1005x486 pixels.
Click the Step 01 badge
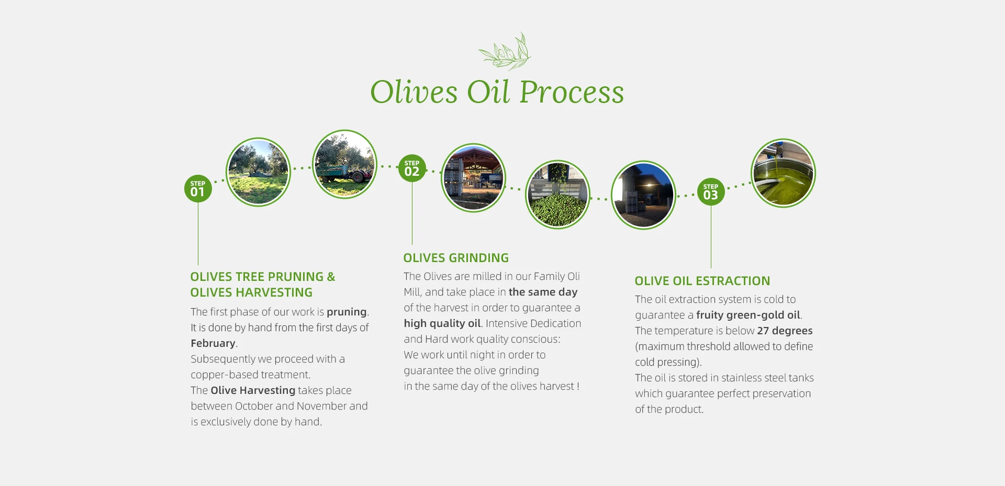198,188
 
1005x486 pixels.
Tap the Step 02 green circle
412,168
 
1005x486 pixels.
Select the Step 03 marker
711,192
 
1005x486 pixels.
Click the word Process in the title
572,93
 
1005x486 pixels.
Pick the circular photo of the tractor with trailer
344,164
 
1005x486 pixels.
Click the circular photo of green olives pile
557,195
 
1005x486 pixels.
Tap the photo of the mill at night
643,195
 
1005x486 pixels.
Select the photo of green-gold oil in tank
783,173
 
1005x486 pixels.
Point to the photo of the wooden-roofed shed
473,178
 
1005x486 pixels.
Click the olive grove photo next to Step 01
258,172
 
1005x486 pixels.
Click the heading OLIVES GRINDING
456,258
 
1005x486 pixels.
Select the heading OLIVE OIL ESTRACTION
702,281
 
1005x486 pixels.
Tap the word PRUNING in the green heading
296,277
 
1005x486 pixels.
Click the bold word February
213,343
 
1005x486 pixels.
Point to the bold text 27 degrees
785,331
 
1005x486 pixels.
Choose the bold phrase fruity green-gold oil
748,315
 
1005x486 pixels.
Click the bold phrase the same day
543,292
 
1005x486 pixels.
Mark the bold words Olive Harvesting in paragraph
253,390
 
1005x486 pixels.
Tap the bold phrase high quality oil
442,323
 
